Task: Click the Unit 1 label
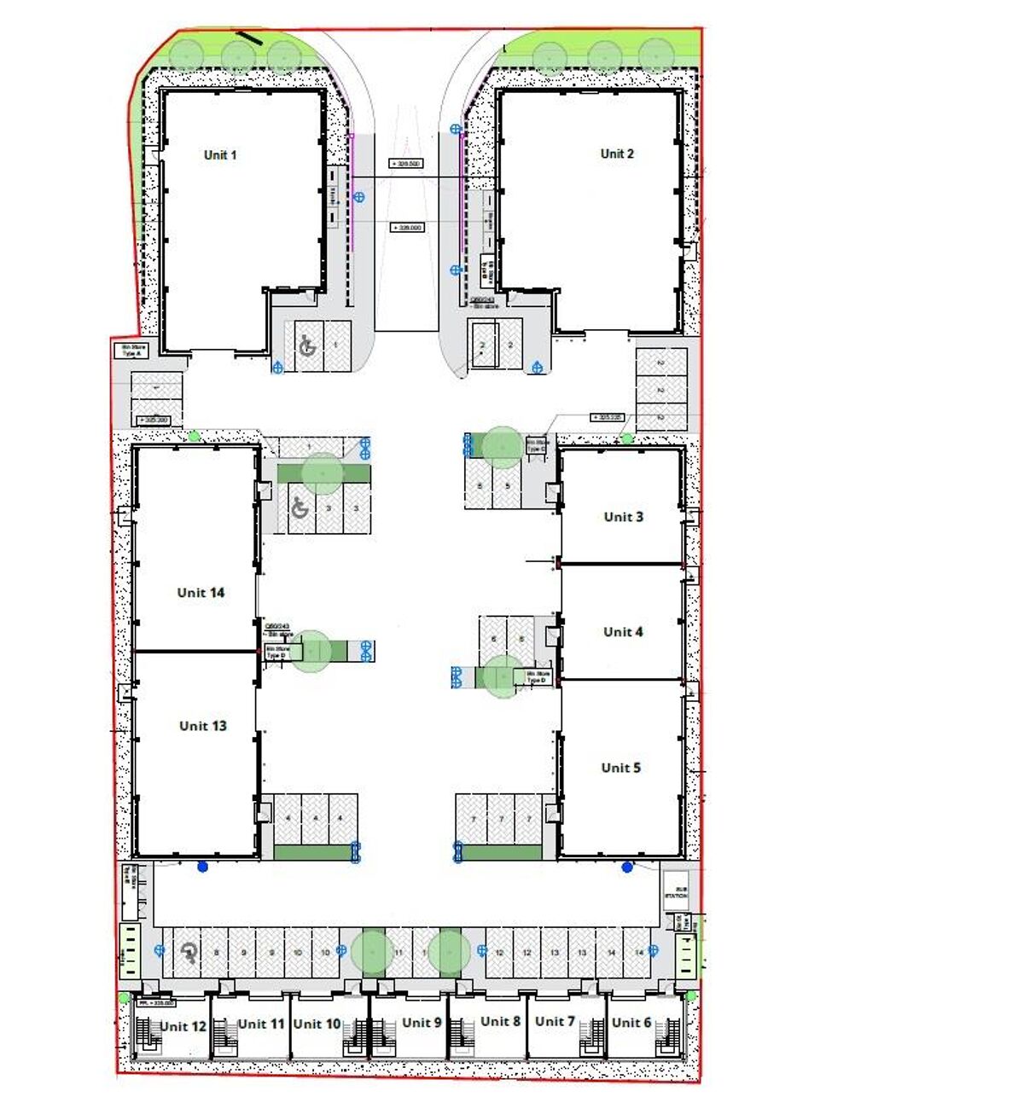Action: (x=220, y=155)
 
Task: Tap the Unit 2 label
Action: (x=617, y=154)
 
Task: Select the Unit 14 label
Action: (x=201, y=593)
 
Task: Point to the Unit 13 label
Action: (x=202, y=726)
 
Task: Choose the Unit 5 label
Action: (x=620, y=768)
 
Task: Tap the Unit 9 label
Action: (x=422, y=1023)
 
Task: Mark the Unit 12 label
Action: (x=183, y=1027)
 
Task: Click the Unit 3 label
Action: (x=623, y=517)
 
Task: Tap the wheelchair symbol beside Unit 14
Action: (x=300, y=508)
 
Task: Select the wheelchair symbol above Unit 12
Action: (x=189, y=953)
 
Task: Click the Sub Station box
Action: (x=676, y=891)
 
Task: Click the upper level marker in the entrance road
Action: (x=406, y=164)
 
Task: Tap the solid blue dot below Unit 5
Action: (x=627, y=868)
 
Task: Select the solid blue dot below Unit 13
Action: (x=202, y=868)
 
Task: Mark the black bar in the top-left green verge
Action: (x=250, y=38)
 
